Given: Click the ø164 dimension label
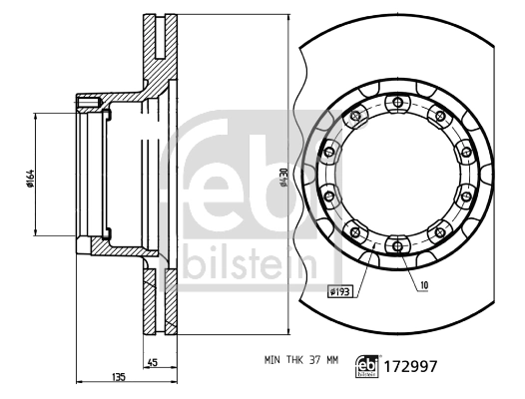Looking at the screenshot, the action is point(30,179).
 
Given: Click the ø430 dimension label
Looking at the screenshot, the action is point(283,178).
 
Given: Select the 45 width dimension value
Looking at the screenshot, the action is point(153,362).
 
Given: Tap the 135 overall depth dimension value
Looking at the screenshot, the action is point(119,377).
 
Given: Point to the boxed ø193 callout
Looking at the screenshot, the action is point(339,292).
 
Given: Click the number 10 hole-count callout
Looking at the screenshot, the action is point(423,285).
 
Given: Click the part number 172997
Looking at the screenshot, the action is point(410,366).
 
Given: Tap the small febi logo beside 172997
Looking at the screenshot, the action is point(367,366).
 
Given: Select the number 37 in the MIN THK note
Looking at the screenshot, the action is point(313,360).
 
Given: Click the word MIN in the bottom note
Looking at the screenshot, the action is point(272,360).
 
